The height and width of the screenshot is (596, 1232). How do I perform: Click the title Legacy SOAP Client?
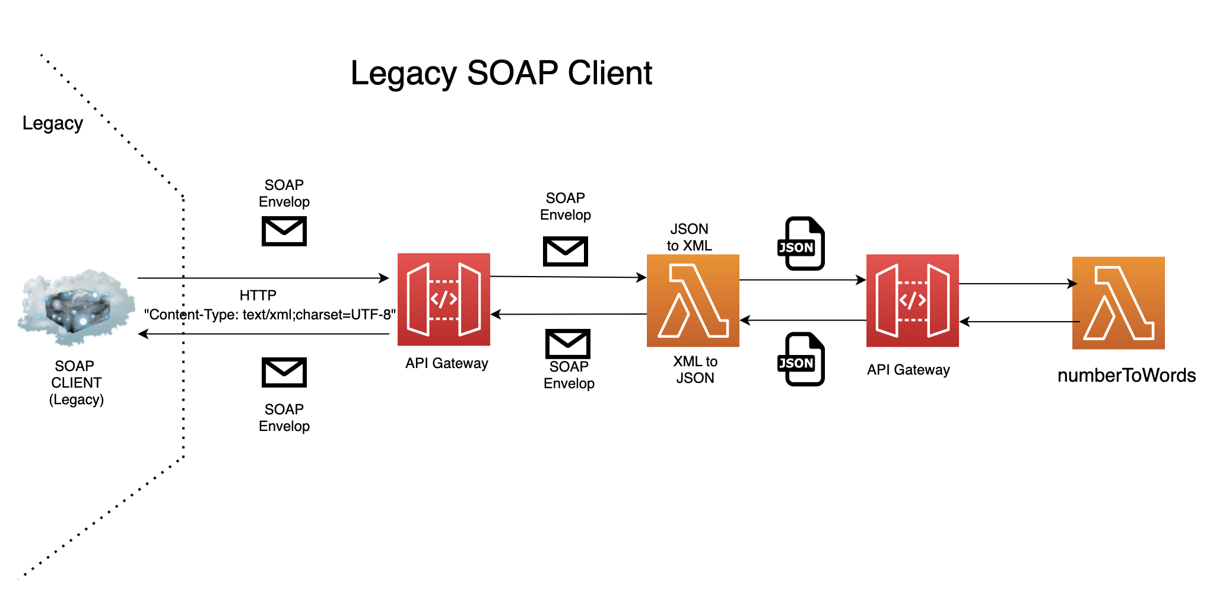pos(501,74)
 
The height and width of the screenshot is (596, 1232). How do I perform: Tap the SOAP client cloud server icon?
pos(75,307)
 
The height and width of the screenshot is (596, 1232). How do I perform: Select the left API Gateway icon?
pos(443,299)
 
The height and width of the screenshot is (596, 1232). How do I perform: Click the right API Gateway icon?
pos(912,300)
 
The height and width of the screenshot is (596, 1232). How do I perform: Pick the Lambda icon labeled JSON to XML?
pos(693,300)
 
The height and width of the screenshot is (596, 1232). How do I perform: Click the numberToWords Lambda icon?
pos(1118,303)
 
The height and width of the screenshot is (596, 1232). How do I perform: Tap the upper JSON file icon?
pos(801,243)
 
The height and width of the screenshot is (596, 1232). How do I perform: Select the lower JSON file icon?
pos(801,359)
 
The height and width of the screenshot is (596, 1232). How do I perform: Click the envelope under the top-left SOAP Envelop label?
pos(284,231)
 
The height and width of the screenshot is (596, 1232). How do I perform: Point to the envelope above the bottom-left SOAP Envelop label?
pos(284,372)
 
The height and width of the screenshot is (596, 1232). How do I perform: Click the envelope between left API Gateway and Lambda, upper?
pos(565,251)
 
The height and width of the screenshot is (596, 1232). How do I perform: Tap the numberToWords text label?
pos(1126,376)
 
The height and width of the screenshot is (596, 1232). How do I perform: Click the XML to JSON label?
pos(695,369)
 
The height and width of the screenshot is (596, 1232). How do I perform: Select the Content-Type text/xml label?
pos(269,315)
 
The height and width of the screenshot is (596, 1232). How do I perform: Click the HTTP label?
pos(258,296)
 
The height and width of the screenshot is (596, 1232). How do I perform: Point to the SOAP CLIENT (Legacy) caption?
pos(76,382)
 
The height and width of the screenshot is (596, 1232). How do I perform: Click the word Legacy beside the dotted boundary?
pos(52,123)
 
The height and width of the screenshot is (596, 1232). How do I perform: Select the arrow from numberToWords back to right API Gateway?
pos(1018,322)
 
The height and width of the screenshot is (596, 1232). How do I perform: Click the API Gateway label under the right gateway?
pos(908,370)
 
